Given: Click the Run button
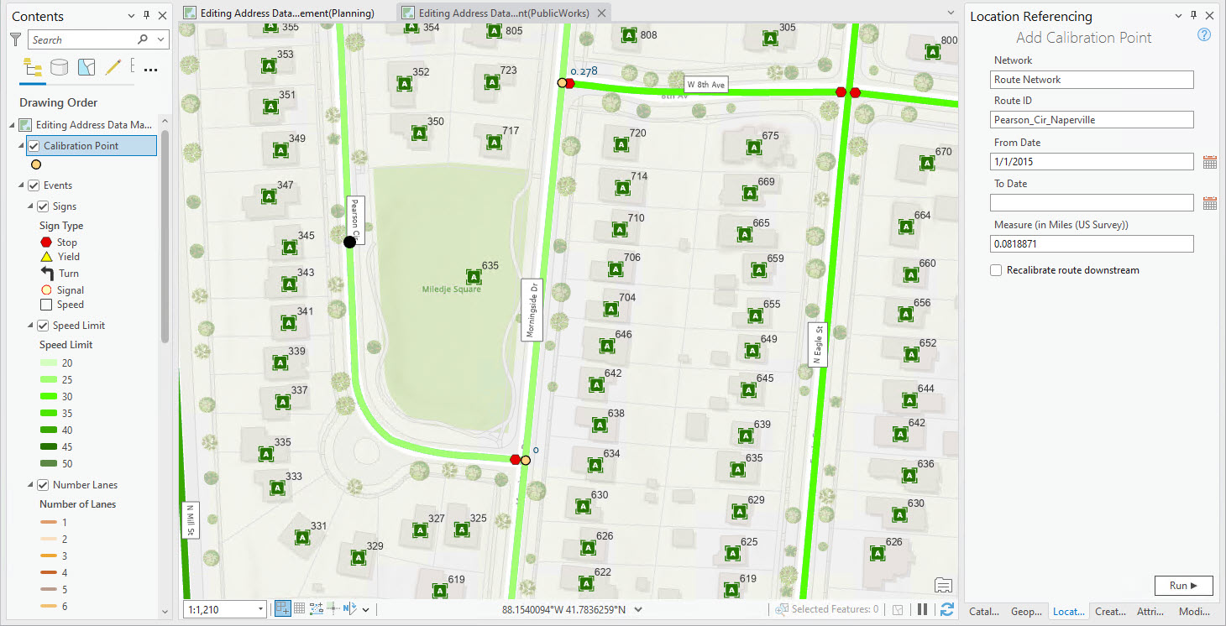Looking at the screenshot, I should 1182,586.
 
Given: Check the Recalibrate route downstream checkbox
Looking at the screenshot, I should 996,270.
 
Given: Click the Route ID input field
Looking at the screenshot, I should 1092,120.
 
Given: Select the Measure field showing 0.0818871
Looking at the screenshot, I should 1092,243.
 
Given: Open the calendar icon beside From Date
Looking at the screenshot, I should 1209,162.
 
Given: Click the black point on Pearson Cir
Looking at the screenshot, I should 349,242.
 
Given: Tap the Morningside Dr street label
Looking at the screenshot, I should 531,310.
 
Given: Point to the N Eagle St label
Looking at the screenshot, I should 818,344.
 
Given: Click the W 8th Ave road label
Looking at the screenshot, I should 705,85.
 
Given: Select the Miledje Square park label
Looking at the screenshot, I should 451,290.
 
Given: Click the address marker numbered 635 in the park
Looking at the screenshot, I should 474,277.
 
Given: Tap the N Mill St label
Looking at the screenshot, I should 190,520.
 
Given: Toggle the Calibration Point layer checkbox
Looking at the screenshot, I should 34,146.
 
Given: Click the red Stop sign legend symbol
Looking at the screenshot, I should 46,242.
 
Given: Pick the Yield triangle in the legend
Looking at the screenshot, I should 46,257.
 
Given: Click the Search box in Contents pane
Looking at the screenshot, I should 91,39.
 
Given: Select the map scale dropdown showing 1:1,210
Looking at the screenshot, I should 224,609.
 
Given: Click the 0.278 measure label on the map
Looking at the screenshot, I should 584,71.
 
